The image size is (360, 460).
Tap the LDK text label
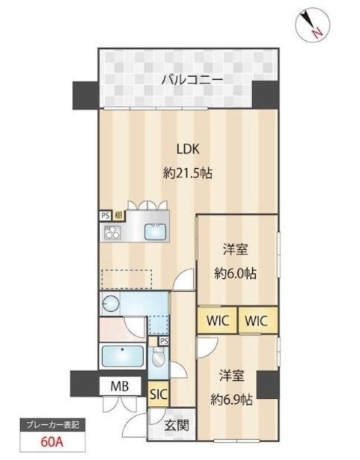click(x=190, y=149)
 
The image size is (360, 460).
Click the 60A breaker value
click(x=50, y=441)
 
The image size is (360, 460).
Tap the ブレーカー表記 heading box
click(x=50, y=425)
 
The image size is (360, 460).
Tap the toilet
click(x=160, y=356)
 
